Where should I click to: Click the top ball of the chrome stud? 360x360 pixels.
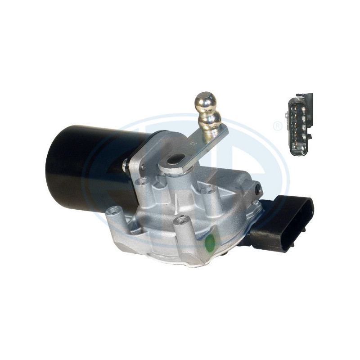pyautogui.click(x=205, y=102)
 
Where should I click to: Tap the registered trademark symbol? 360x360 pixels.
pyautogui.click(x=278, y=126)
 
